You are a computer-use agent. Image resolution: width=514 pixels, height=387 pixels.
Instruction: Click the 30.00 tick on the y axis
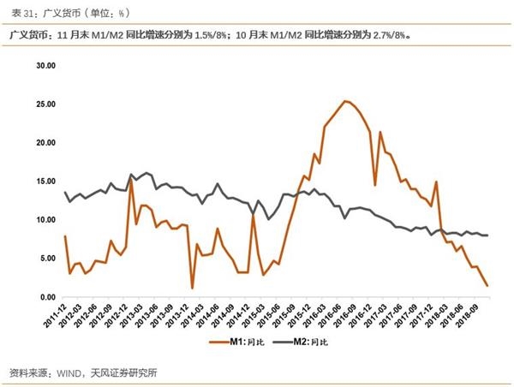[x=44, y=65]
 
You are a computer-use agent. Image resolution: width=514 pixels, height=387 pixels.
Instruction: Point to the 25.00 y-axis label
[x=44, y=104]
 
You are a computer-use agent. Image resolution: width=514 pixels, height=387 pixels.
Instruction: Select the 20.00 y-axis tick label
[x=44, y=142]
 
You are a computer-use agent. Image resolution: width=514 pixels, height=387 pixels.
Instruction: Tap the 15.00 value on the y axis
[x=44, y=181]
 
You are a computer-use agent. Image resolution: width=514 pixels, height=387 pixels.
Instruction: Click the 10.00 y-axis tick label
[x=44, y=220]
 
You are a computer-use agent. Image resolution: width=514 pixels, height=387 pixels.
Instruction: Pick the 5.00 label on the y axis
[x=45, y=259]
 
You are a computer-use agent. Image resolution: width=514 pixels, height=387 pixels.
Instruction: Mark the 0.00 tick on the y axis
[x=45, y=297]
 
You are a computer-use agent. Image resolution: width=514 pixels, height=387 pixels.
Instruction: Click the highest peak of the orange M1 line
[x=344, y=101]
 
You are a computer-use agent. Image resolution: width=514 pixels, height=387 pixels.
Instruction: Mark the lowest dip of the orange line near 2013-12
[x=192, y=288]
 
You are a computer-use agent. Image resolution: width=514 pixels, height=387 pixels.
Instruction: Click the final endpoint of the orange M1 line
[x=488, y=285]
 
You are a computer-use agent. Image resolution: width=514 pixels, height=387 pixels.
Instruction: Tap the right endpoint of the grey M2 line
[x=488, y=235]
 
